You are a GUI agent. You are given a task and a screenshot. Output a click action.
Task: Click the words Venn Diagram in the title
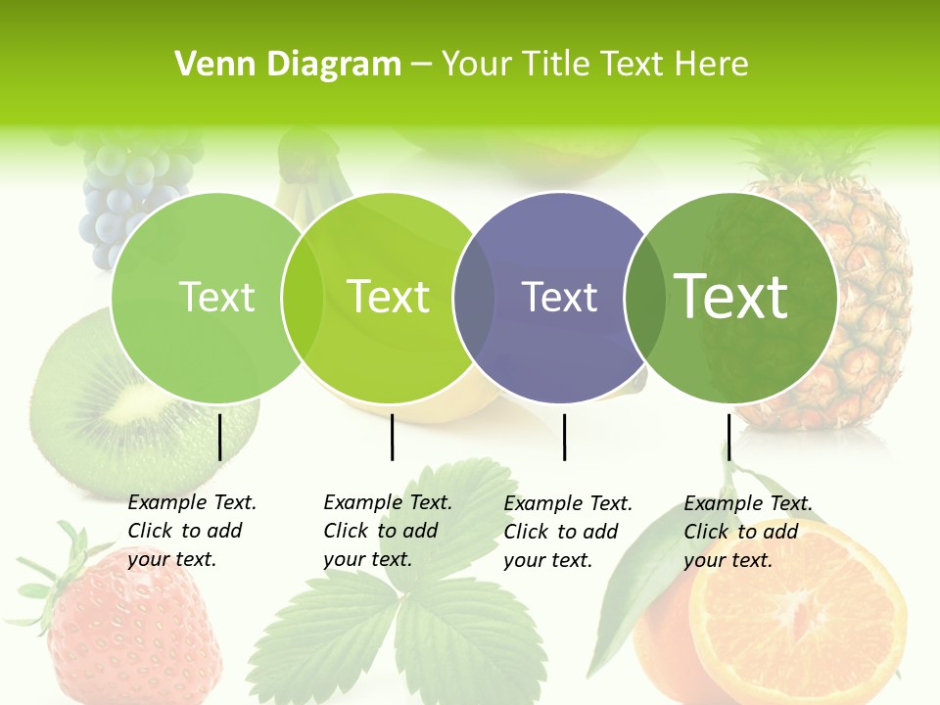tap(288, 65)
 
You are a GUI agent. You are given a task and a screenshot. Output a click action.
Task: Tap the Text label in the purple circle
tap(560, 298)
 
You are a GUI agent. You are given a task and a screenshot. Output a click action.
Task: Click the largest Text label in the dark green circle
tap(730, 296)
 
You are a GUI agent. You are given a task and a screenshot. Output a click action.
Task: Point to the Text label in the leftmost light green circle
tap(216, 297)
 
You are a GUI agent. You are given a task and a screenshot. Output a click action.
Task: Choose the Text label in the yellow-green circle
tap(388, 297)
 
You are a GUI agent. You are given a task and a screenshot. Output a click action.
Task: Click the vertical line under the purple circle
tap(564, 437)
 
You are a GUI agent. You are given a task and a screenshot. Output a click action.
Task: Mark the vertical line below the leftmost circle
tap(219, 437)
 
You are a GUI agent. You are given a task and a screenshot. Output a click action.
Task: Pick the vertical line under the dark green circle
tap(728, 437)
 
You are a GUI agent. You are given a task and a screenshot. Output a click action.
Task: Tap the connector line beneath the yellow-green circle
tap(392, 437)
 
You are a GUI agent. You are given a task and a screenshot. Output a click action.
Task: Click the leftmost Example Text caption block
tap(191, 531)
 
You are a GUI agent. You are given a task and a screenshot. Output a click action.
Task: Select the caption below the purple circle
tap(567, 532)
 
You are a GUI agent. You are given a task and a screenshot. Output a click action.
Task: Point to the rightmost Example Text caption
tap(747, 532)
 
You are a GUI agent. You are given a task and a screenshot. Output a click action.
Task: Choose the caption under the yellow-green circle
tap(387, 531)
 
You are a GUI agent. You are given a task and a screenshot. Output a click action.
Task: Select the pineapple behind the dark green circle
tap(862, 294)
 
